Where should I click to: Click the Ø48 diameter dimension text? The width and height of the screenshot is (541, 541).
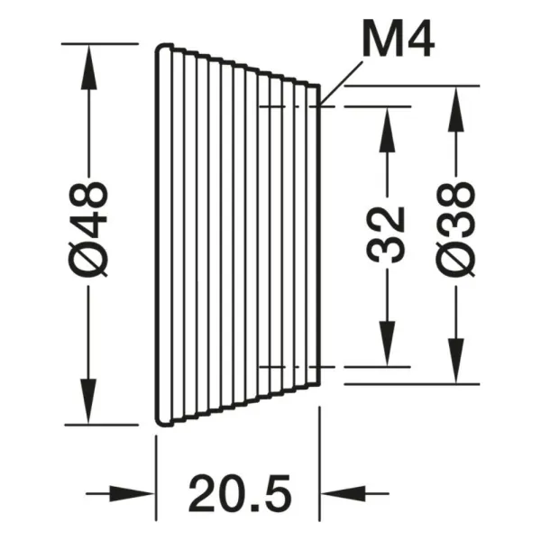[88, 230]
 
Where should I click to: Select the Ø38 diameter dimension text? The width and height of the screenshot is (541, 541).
[455, 230]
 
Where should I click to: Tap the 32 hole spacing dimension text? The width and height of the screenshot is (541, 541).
[385, 234]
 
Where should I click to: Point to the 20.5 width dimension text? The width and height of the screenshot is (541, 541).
[240, 493]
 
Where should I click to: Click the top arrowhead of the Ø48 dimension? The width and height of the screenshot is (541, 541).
[88, 67]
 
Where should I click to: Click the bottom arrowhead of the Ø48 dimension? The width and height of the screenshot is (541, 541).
[88, 401]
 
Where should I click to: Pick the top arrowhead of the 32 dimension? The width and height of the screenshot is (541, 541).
[387, 130]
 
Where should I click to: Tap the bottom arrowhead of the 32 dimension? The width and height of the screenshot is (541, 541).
[387, 344]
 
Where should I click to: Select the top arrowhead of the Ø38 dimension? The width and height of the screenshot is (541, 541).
[455, 109]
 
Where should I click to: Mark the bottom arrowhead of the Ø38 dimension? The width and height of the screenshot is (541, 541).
[455, 361]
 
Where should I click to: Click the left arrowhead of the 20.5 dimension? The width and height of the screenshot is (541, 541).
[132, 494]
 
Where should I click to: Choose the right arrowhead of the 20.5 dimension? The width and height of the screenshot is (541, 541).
[344, 494]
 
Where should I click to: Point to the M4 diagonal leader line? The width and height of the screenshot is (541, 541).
[342, 83]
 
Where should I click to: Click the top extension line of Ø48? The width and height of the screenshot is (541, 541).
[100, 44]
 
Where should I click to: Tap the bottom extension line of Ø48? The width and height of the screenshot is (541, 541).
[101, 425]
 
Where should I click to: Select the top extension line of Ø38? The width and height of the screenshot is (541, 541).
[412, 86]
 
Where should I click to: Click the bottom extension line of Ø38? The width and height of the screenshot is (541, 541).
[412, 384]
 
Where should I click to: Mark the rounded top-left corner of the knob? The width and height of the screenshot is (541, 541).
[160, 48]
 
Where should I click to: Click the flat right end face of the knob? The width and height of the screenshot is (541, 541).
[319, 234]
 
